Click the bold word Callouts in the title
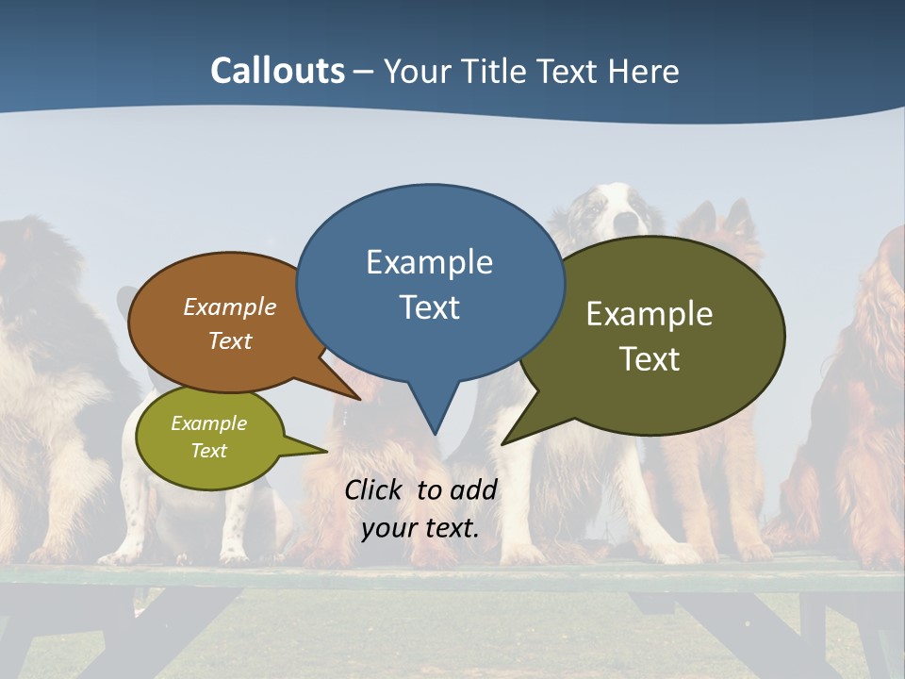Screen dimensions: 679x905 coord(278,71)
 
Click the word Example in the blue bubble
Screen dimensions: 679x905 coord(429,262)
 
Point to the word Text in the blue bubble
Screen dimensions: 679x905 coord(429,307)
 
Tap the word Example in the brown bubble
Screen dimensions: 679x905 coord(230,306)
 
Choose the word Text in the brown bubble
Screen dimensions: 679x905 coord(230,340)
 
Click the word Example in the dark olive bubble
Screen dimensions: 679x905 coord(650,314)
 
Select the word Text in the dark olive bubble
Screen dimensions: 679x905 coord(650,359)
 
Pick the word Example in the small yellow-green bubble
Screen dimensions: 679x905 coord(208,423)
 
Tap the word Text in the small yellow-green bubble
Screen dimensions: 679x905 coord(208,451)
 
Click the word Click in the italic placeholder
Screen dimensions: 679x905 coord(374,489)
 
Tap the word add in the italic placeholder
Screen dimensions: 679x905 coord(473,489)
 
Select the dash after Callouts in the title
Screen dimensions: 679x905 coord(365,72)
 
